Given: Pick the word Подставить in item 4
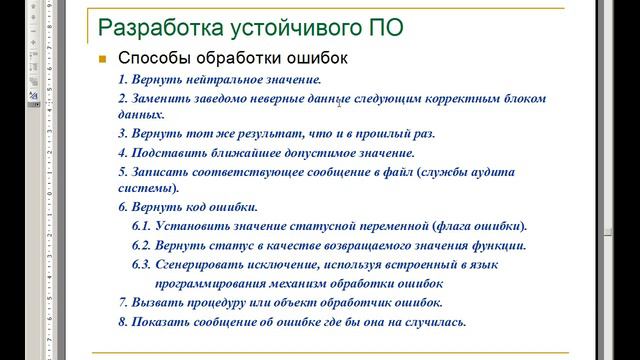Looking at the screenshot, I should (165, 153).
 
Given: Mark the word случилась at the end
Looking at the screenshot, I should (436, 322).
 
